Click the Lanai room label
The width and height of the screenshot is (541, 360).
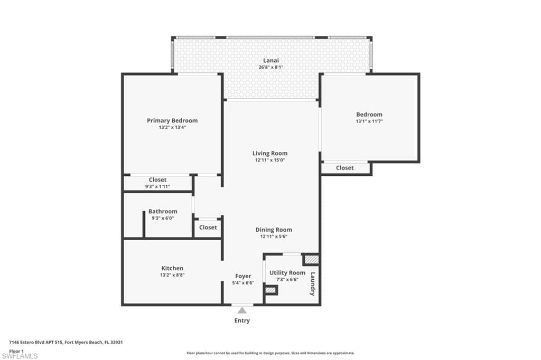pos(271,60)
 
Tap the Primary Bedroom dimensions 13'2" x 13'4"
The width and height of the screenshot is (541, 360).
pos(172,127)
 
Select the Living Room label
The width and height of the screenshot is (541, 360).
pos(269,153)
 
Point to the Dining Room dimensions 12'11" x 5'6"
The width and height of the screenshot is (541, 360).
pos(273,236)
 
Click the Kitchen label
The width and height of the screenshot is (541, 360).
pos(172,268)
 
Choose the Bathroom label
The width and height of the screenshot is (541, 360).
pos(163,211)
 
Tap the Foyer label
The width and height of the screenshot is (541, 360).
pos(243,276)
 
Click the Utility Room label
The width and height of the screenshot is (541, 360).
pos(287,272)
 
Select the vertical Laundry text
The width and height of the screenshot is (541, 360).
pos(313,283)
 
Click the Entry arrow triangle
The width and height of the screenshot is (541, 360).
pos(242,311)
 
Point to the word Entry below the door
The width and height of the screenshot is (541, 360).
pos(242,320)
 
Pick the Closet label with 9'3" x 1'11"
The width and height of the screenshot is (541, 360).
pos(157,179)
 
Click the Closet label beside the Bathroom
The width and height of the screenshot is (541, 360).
pos(208,227)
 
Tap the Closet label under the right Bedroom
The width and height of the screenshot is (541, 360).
pos(345,168)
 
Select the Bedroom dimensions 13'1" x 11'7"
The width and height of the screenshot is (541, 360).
pos(369,121)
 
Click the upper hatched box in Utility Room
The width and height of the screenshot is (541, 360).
pos(311,260)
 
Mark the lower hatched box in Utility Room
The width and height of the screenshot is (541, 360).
pos(271,290)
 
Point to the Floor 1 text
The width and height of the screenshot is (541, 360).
pos(16,350)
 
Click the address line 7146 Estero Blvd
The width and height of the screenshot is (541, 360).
pos(66,342)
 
